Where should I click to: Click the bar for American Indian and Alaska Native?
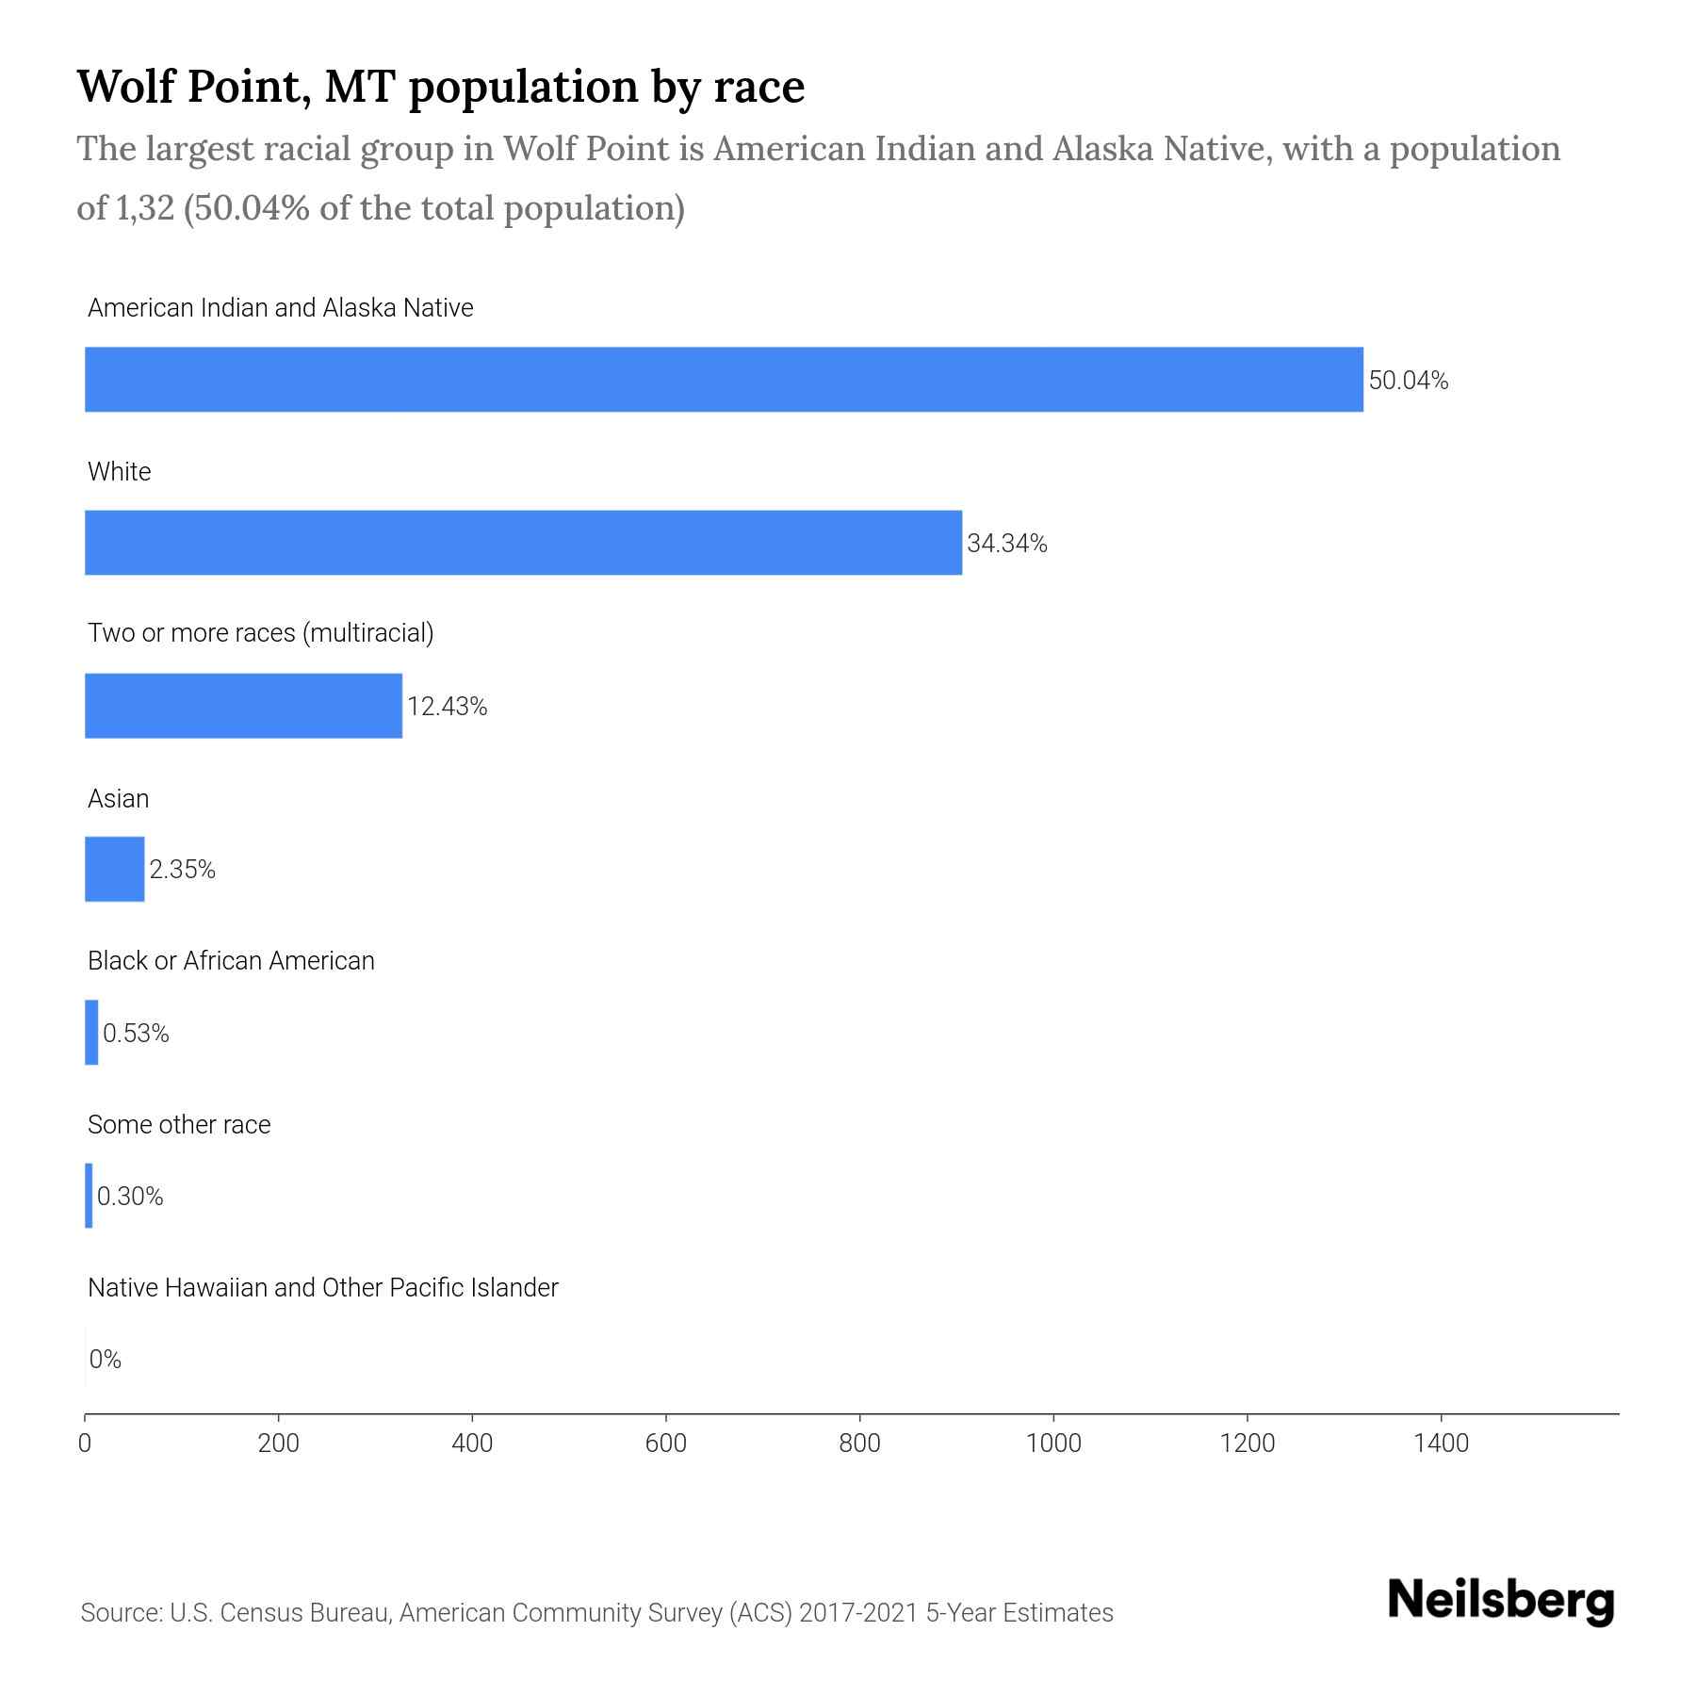click(724, 379)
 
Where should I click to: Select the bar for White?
click(523, 543)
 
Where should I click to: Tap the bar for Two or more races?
click(243, 706)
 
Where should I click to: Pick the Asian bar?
click(114, 869)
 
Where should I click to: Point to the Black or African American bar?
click(91, 1033)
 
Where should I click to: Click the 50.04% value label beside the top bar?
click(1408, 381)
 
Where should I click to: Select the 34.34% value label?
click(1006, 544)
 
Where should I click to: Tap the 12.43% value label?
click(447, 707)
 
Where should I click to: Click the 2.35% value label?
click(182, 870)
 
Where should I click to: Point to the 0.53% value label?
click(136, 1034)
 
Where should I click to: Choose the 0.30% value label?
click(130, 1197)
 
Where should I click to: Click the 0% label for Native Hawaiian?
click(105, 1360)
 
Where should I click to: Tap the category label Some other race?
click(179, 1125)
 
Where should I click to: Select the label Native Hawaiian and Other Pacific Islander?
click(322, 1288)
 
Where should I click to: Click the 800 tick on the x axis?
click(859, 1443)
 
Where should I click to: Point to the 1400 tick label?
click(1441, 1443)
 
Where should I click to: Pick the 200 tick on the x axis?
click(278, 1443)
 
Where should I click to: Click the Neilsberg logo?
click(1501, 1601)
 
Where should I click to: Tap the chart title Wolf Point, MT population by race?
click(440, 86)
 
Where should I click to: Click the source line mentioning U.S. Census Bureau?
click(596, 1613)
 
